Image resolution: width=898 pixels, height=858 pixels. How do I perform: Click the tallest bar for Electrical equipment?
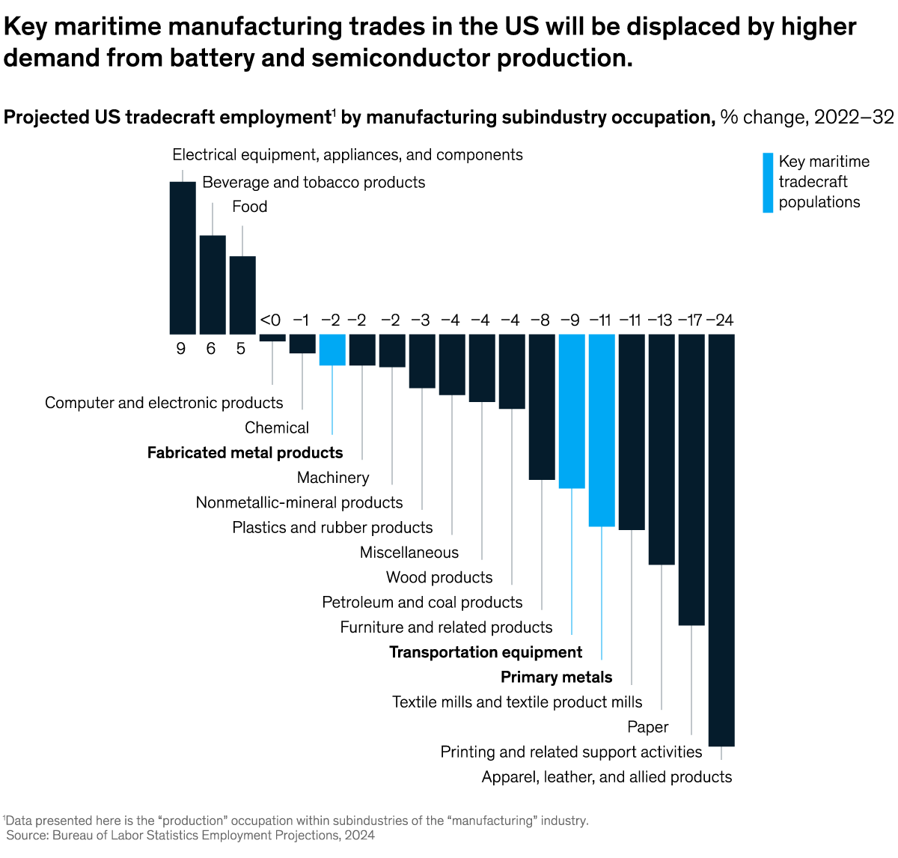(x=183, y=258)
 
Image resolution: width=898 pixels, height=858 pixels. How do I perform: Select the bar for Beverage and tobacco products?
(x=213, y=285)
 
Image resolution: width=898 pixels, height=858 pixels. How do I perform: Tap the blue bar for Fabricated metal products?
(x=332, y=350)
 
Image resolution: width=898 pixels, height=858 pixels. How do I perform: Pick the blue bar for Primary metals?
(x=602, y=430)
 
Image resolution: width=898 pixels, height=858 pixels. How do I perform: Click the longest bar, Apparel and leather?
(x=721, y=539)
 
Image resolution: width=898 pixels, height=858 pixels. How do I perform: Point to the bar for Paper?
(x=662, y=449)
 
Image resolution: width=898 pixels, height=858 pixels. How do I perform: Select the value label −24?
(x=720, y=320)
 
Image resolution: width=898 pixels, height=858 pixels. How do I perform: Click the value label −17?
(x=690, y=320)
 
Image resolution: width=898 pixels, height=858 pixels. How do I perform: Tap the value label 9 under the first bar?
(x=181, y=349)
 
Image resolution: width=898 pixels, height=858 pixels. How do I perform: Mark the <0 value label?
(x=270, y=320)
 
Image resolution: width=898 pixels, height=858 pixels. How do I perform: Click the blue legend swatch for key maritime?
(x=768, y=183)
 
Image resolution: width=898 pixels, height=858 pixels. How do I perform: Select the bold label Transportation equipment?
(x=486, y=652)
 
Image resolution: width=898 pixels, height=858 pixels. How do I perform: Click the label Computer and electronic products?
(x=164, y=403)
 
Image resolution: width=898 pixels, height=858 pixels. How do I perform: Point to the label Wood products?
(x=439, y=577)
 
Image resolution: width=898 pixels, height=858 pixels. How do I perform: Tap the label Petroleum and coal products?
(x=422, y=602)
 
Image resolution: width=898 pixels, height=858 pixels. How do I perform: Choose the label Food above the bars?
(x=249, y=207)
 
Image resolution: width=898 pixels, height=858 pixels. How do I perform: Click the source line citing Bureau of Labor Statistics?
(x=191, y=835)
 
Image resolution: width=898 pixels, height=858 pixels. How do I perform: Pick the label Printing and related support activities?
(x=571, y=752)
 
